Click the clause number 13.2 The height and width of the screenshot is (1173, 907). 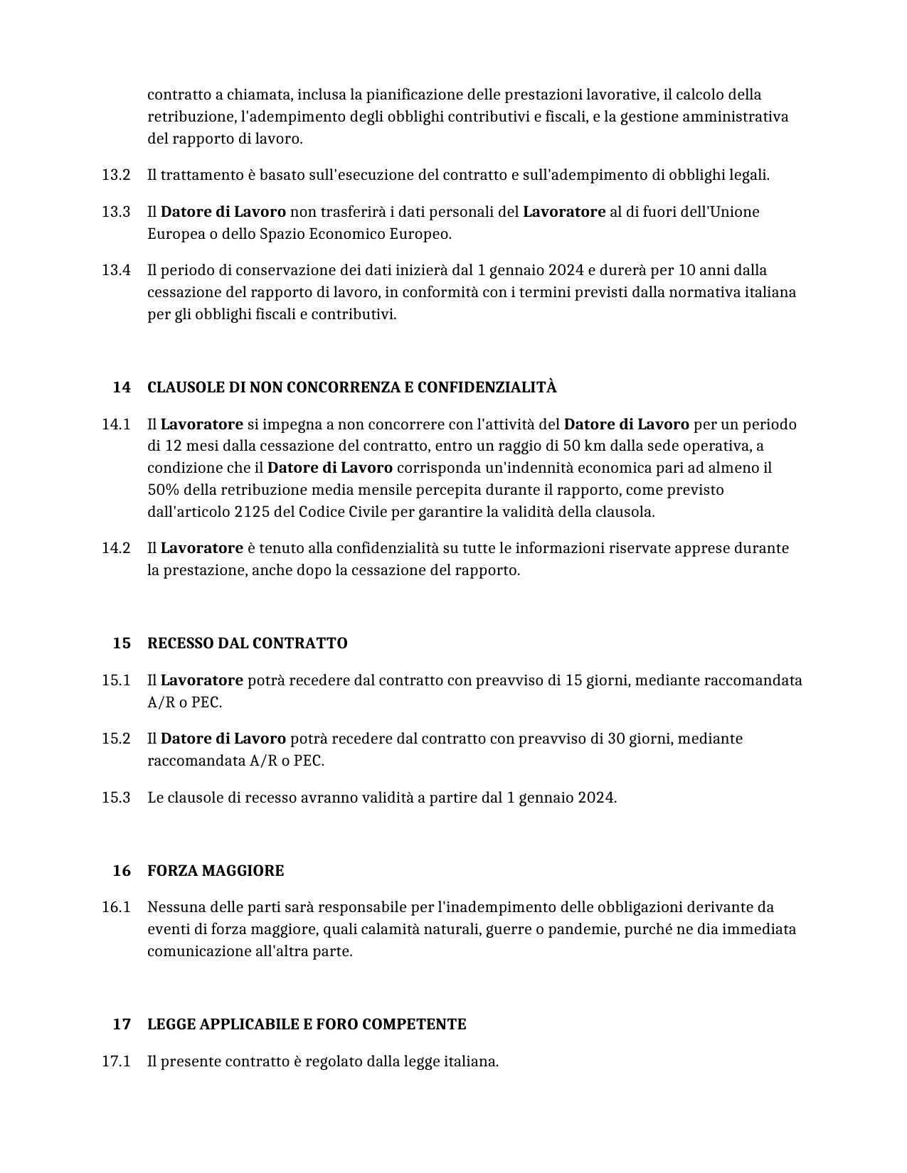click(116, 175)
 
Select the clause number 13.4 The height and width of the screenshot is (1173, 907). click(116, 270)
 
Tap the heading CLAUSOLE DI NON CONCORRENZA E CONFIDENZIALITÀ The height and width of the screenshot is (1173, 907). click(351, 387)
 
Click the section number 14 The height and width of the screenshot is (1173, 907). click(122, 387)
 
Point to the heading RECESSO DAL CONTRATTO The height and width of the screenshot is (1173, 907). click(247, 643)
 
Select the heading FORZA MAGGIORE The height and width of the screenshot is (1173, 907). click(215, 871)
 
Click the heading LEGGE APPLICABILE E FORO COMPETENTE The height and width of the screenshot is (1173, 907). click(307, 1024)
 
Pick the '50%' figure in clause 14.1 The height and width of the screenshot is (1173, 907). click(164, 490)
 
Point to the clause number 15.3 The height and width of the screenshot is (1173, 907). click(116, 798)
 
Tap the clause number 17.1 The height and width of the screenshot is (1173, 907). click(116, 1061)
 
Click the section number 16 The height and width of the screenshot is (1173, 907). click(122, 871)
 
